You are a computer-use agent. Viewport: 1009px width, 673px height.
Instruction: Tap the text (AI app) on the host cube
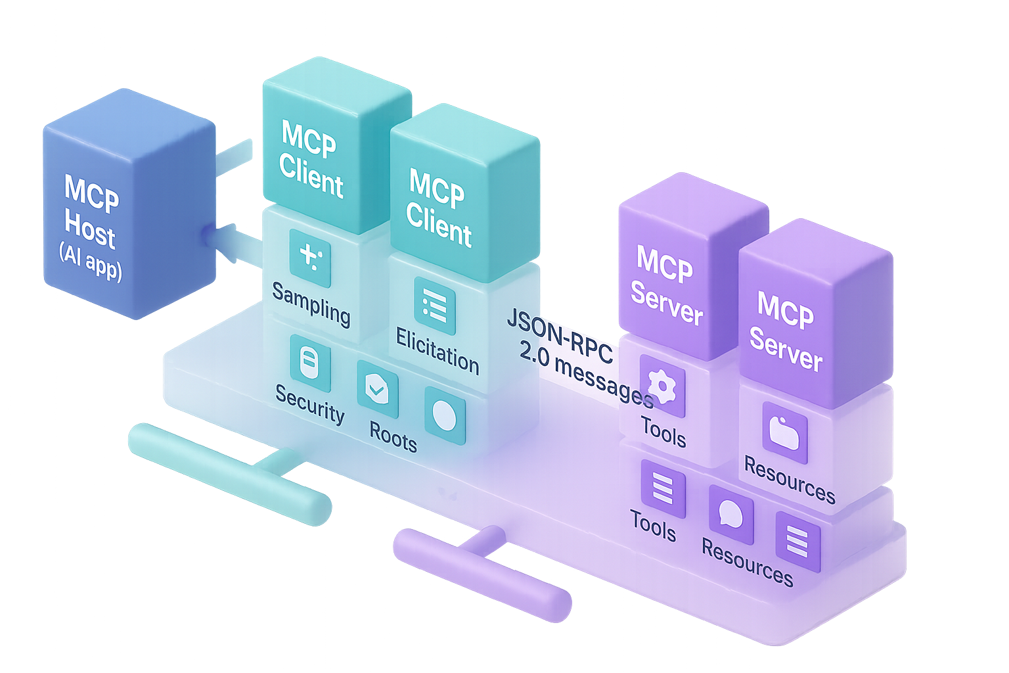point(91,261)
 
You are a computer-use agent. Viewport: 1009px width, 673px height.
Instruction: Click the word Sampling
point(311,304)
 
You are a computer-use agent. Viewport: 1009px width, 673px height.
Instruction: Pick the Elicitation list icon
point(434,306)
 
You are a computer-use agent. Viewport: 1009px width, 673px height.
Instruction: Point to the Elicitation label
point(437,352)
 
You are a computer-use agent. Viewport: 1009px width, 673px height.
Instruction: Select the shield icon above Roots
point(377,390)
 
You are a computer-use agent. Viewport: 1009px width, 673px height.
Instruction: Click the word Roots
point(393,436)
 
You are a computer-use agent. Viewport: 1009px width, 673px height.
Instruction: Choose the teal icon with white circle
point(445,417)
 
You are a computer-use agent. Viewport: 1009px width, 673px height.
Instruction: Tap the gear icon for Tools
point(661,386)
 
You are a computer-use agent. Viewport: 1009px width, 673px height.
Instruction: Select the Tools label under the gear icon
point(663,432)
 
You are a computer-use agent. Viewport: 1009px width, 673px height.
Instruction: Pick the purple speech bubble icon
point(730,515)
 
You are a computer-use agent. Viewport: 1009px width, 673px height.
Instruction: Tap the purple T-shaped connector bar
point(483,572)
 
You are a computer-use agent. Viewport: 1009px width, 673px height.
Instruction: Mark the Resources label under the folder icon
point(789,480)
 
